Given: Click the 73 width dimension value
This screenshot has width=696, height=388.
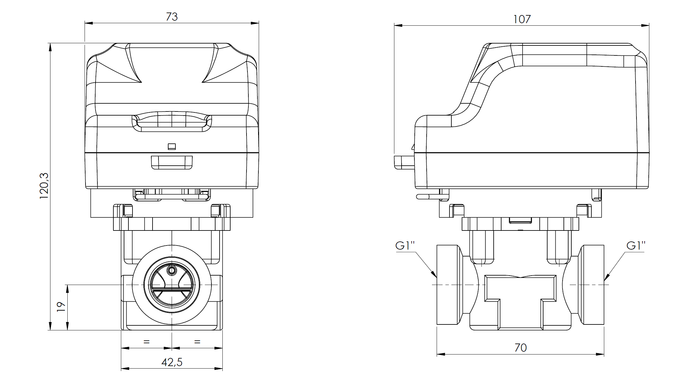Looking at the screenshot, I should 172,17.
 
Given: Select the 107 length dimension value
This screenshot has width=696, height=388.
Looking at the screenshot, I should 522,19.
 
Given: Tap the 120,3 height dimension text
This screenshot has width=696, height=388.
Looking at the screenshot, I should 44,186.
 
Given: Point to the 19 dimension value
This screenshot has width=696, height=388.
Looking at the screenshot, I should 61,307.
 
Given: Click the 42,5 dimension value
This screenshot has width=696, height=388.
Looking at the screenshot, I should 172,362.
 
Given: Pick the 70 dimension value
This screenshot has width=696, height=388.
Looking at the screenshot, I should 521,348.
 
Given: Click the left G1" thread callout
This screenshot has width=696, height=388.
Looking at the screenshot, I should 405,246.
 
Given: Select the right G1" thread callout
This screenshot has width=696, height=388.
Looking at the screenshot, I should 636,246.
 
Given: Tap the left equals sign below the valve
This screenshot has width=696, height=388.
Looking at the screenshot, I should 146,342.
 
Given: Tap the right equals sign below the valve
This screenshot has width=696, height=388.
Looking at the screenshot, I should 197,342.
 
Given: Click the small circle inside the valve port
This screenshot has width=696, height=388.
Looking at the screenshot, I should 172,270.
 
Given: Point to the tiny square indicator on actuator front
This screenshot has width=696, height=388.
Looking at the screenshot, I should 172,147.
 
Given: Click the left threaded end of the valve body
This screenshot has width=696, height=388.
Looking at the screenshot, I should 448,285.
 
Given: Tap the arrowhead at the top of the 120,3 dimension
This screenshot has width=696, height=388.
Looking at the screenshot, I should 50,47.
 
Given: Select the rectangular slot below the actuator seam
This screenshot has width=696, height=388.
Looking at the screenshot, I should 172,163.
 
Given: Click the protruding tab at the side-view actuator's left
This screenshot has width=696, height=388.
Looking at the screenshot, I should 404,162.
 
